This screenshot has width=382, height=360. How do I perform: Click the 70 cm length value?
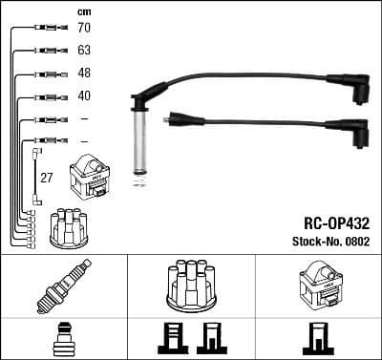(x=83, y=30)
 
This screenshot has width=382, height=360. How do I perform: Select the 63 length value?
(x=83, y=51)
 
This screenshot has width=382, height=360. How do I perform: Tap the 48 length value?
(x=83, y=74)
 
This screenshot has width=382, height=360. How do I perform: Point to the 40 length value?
(x=83, y=95)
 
